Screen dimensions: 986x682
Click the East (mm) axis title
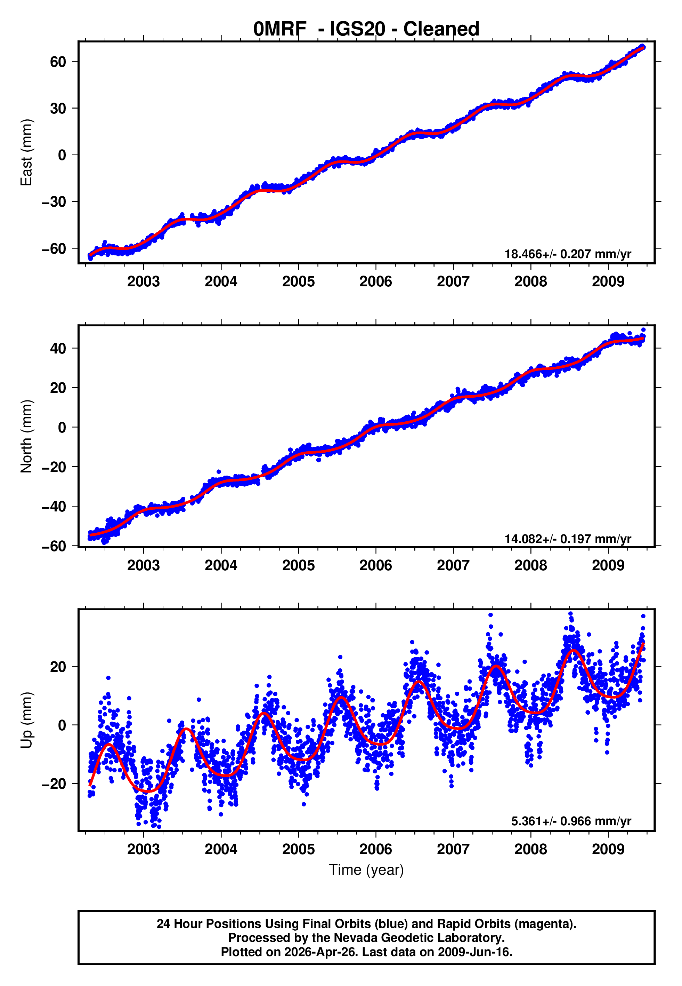(26, 152)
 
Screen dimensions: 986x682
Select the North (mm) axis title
(26, 436)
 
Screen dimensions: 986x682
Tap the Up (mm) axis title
(26, 720)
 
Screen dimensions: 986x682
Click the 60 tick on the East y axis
(58, 62)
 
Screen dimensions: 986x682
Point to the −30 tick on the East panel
(54, 202)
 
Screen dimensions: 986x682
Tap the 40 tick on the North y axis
(58, 349)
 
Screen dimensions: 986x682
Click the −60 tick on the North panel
(54, 547)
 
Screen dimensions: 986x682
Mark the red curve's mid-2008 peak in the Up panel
(574, 650)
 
